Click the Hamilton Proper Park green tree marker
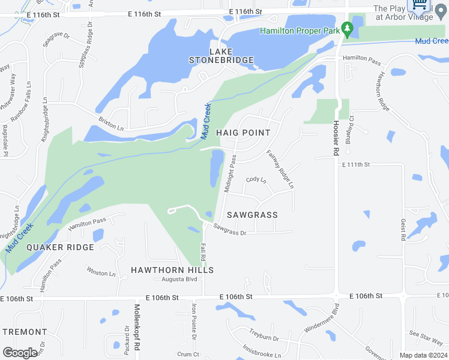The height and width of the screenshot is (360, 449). point(346,28)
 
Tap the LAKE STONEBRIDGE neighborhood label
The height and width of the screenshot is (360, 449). point(221,56)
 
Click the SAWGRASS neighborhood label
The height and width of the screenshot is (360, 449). point(252,214)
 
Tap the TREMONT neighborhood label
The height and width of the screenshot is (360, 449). point(25,332)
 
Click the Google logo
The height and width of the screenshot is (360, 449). point(20,353)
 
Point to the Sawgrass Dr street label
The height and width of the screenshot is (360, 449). point(230,230)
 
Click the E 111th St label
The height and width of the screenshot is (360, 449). point(357,164)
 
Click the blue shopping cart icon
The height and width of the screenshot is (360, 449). point(420,5)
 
